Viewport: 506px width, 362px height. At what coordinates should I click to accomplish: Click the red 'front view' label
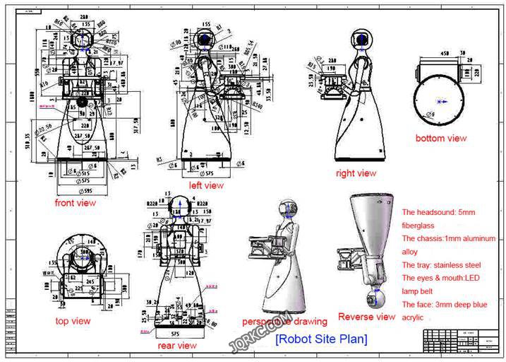(76, 203)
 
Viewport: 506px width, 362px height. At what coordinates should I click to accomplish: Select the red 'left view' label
(206, 185)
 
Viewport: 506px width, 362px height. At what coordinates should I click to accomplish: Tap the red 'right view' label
(356, 173)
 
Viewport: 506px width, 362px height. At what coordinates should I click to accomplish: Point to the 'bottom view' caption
(440, 138)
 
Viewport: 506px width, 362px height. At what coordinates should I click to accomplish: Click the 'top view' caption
(73, 321)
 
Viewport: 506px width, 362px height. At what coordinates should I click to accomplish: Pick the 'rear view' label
(177, 345)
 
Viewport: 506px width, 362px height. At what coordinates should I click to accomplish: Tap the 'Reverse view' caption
(367, 317)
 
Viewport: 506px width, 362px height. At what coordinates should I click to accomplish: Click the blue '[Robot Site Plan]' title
(321, 339)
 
